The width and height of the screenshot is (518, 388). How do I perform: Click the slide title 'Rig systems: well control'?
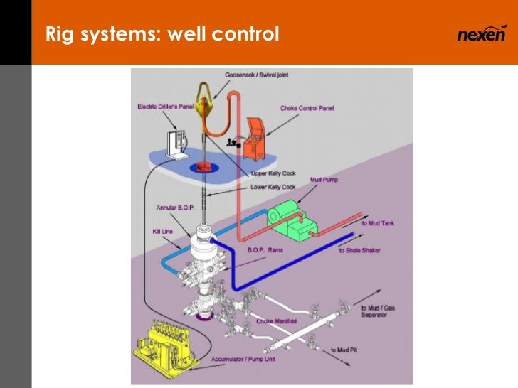[162, 33]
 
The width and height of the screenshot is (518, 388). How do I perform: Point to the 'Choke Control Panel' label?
[307, 108]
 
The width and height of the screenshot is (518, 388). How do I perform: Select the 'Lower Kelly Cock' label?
[274, 188]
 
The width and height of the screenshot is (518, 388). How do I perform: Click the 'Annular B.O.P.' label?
[176, 208]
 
